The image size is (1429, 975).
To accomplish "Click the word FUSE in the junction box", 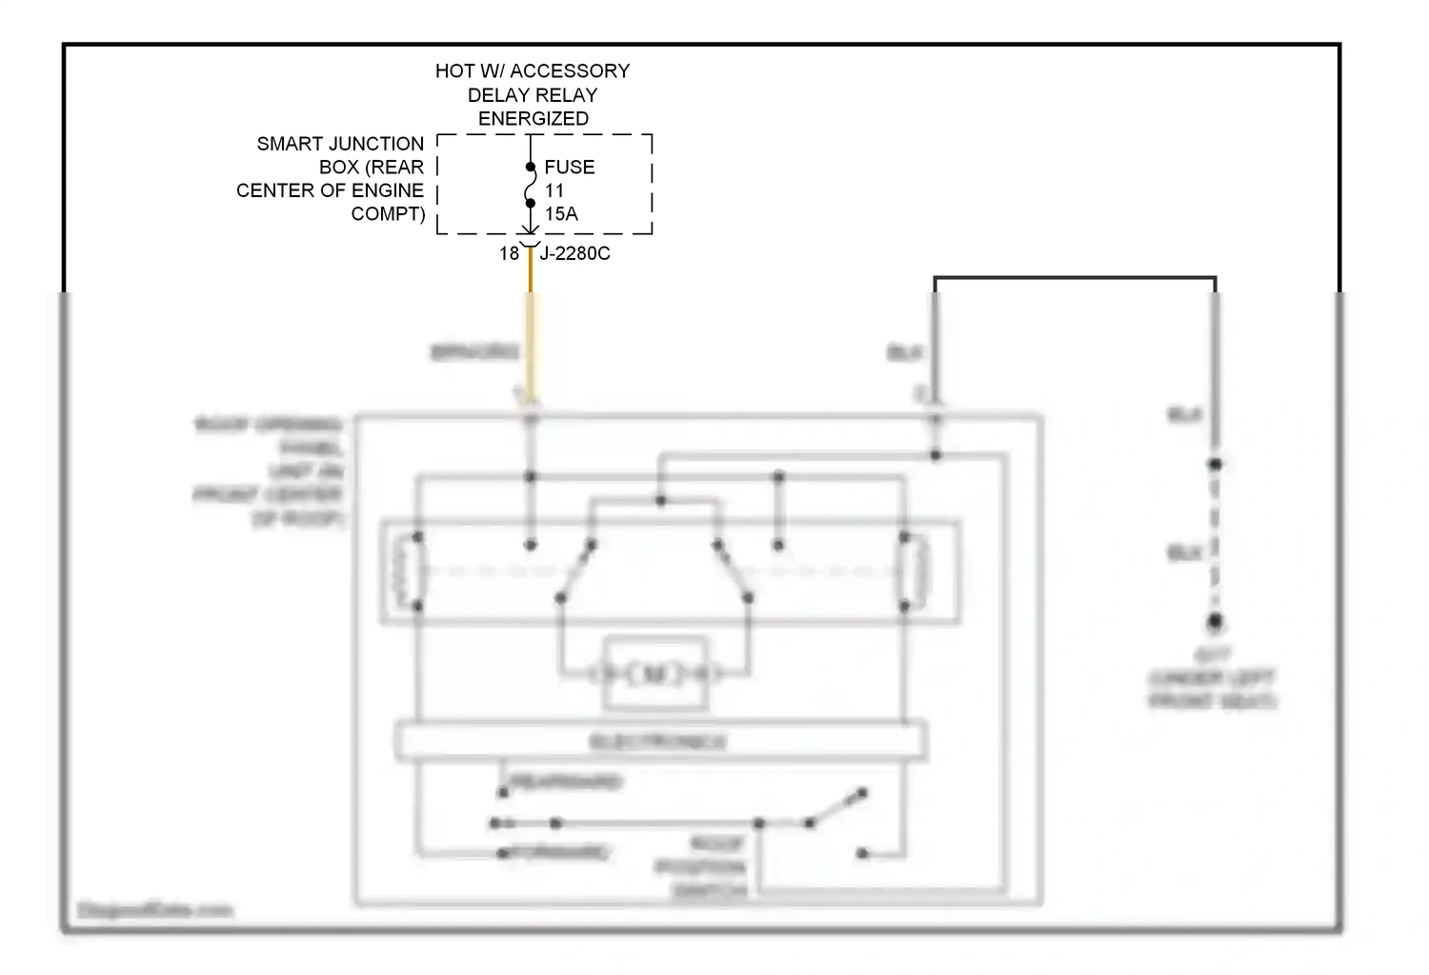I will tap(569, 168).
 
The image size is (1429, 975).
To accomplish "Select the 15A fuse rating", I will tap(561, 214).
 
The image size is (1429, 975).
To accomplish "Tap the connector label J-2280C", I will tap(574, 254).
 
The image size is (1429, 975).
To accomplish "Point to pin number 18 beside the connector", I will tap(509, 254).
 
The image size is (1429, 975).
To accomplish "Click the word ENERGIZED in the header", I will tap(533, 119).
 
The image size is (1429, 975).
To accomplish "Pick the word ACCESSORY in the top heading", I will tap(570, 71).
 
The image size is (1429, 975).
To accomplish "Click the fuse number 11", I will tap(553, 191).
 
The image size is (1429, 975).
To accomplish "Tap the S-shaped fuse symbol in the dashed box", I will tap(530, 186).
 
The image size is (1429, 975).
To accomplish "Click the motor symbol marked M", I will tap(654, 674).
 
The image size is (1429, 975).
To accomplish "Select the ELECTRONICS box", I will tap(659, 742).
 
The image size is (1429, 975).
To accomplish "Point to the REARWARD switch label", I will tap(566, 783).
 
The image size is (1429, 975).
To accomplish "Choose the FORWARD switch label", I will tap(559, 853).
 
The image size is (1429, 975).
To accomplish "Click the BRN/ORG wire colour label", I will tap(474, 352).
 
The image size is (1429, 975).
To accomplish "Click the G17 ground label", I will tap(1212, 655).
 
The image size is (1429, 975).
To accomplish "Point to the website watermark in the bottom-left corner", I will tap(154, 911).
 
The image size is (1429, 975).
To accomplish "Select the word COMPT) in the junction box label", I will tap(388, 214).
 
